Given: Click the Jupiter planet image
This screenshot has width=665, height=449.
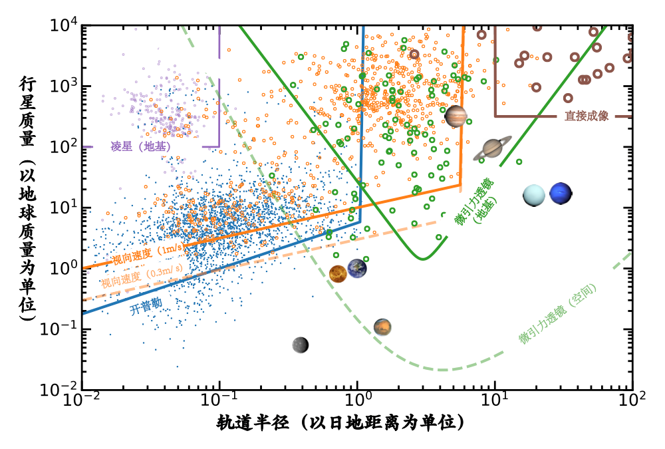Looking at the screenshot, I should pos(456,116).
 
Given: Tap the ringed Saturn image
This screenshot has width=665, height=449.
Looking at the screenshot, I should pos(493,148).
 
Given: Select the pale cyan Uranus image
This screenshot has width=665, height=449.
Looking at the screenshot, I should pos(534,195).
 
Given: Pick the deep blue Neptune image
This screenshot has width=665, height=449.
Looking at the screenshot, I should pos(561,194).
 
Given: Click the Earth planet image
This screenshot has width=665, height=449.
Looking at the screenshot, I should pos(357,269).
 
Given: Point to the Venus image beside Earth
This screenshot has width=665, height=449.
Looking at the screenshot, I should pos(338,273).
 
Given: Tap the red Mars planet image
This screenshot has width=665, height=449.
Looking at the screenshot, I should pos(382,327).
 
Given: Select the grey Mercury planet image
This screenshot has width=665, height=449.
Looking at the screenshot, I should pos(301,344).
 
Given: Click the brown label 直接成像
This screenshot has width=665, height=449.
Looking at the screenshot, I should pos(587,116).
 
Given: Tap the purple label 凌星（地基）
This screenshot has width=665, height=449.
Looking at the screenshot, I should pos(140,147).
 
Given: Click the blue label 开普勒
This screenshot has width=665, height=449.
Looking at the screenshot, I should pos(146,307).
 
